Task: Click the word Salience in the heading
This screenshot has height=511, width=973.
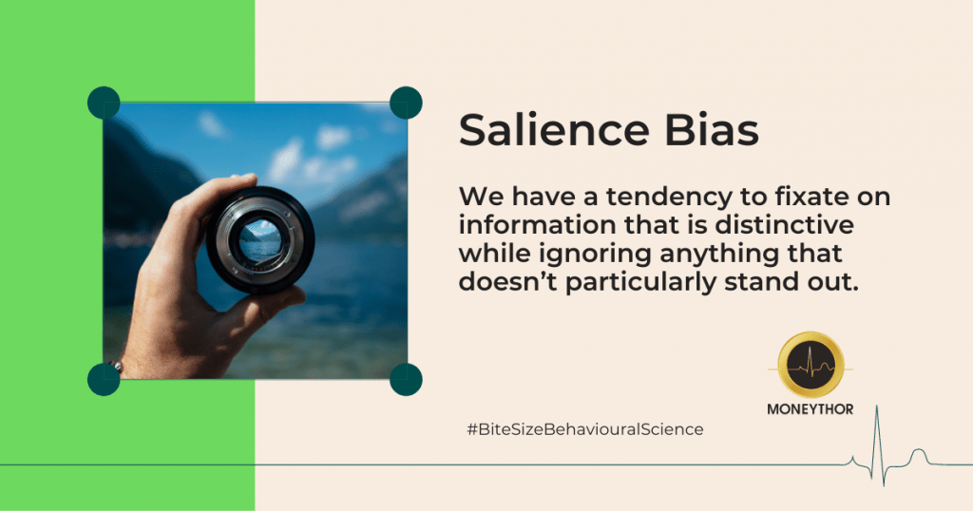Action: pyautogui.click(x=554, y=129)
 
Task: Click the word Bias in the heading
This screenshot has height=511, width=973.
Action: pyautogui.click(x=713, y=129)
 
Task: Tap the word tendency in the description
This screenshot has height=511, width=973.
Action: pyautogui.click(x=669, y=198)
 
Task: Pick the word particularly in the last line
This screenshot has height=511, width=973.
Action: pyautogui.click(x=640, y=283)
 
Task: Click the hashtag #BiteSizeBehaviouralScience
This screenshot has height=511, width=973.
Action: pyautogui.click(x=585, y=429)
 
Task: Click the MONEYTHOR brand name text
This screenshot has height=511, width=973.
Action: pyautogui.click(x=810, y=409)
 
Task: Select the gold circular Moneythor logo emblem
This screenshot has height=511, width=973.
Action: pyautogui.click(x=811, y=366)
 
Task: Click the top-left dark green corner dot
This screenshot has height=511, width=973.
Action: pyautogui.click(x=104, y=103)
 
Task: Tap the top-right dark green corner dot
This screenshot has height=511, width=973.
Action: pyautogui.click(x=406, y=103)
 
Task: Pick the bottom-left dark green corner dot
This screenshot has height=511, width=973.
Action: pyautogui.click(x=104, y=380)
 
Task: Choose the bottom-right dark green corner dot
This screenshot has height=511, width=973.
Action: pyautogui.click(x=406, y=380)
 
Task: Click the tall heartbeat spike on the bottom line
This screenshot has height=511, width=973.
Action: pyautogui.click(x=877, y=445)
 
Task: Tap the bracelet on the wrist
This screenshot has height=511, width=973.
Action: pyautogui.click(x=115, y=367)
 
